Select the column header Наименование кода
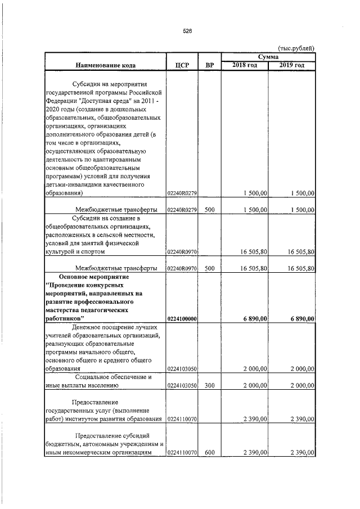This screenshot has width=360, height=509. point(105,65)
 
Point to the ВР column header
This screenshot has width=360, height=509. point(209,65)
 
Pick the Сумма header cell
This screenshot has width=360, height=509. point(268,57)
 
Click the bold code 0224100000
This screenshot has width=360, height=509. point(182,319)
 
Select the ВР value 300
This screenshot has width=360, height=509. point(209,386)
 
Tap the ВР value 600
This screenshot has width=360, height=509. point(209,469)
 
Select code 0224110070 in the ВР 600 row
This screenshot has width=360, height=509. point(182,469)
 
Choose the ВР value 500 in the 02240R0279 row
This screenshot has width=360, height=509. point(209,210)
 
